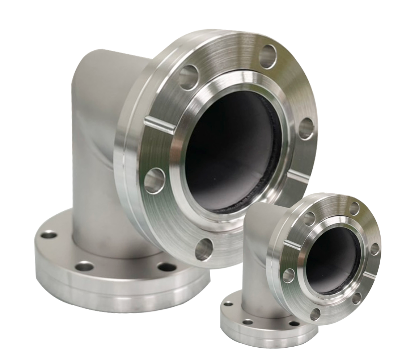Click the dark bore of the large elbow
(x=232, y=152)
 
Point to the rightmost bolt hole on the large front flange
(x=306, y=128)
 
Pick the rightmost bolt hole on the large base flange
(x=167, y=267)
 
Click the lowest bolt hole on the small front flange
(x=315, y=314)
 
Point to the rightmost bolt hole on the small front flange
(x=375, y=249)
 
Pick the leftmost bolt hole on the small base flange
(x=228, y=304)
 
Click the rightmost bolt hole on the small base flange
(x=294, y=323)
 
